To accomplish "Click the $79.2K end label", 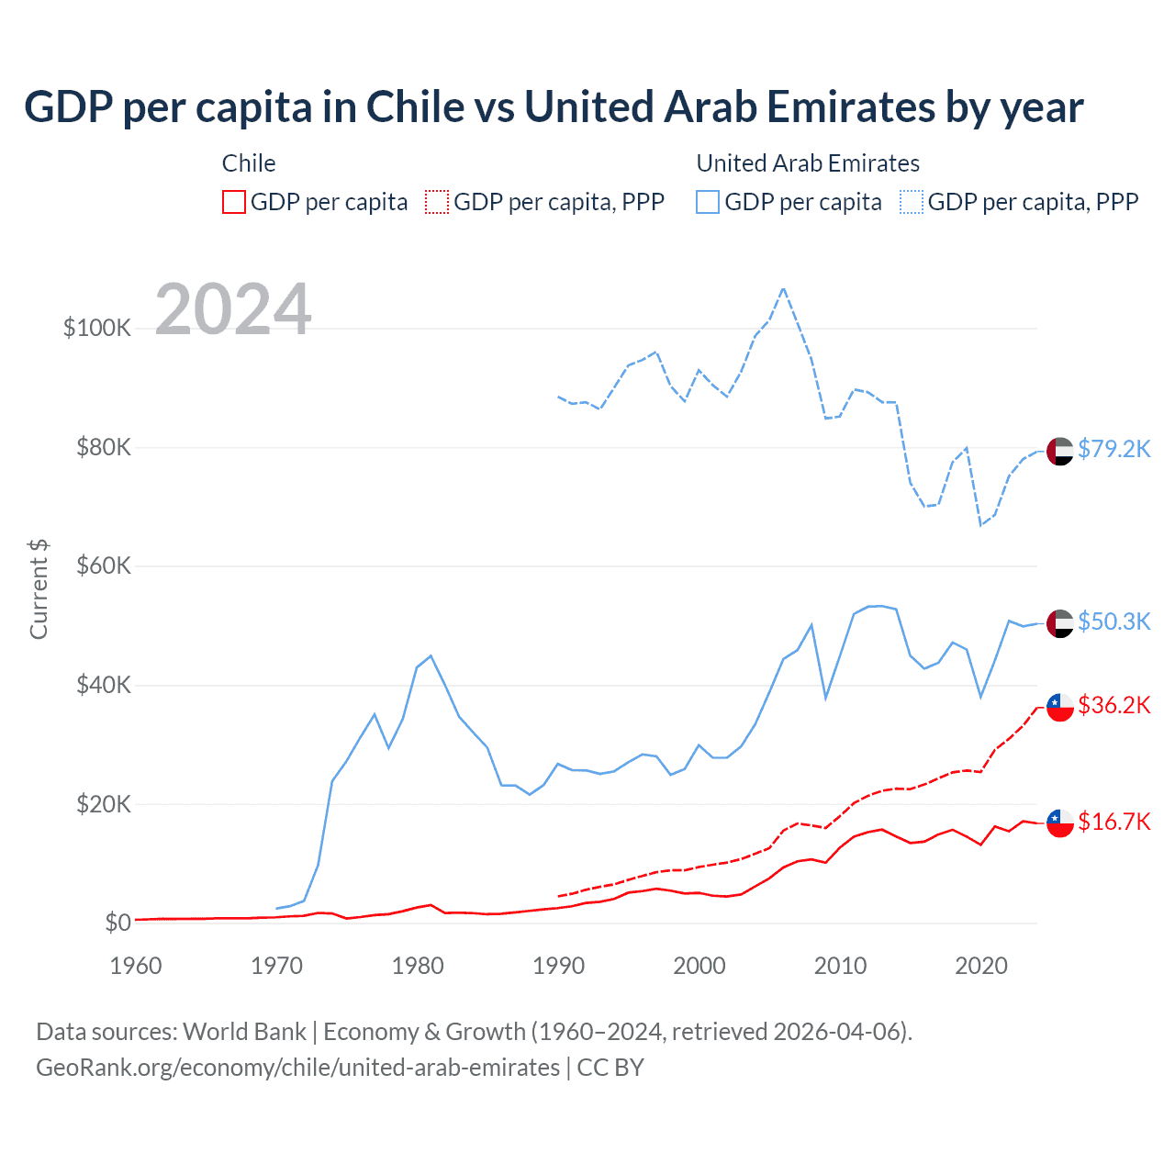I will pos(1113,449).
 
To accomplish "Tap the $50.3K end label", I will pos(1113,621).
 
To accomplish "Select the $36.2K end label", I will pos(1113,705).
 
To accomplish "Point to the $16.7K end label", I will pos(1113,822).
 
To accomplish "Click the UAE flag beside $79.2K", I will pos(1059,452).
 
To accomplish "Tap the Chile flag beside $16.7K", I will pos(1059,823).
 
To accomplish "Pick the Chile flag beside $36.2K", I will pos(1059,707).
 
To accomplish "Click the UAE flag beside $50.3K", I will pos(1059,623).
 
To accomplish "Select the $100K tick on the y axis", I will pos(97,328).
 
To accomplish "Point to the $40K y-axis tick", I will pos(103,685).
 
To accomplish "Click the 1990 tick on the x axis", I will pos(558,966).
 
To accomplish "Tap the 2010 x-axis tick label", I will pos(840,966).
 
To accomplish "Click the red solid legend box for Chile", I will pos(234,202).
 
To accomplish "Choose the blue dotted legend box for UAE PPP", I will pos(912,202).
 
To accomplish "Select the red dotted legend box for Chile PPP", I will pos(438,202).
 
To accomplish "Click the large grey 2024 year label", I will pos(233,309).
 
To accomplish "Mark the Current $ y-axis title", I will pos(39,588).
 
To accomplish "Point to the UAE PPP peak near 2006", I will pos(783,288).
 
